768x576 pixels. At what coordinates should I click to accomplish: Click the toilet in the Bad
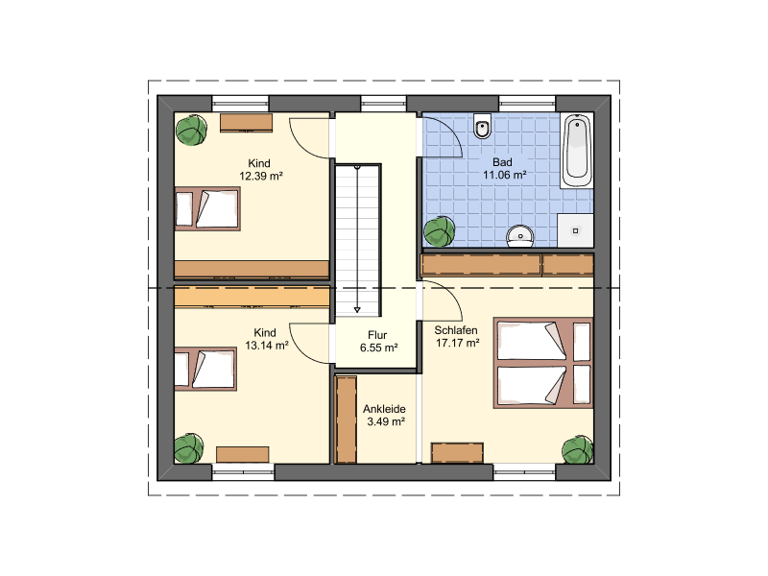[x=483, y=127]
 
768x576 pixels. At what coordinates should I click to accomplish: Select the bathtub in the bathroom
[x=577, y=151]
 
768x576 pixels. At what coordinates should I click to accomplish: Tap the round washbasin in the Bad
[x=519, y=235]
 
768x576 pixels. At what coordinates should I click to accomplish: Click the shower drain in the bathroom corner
[x=575, y=230]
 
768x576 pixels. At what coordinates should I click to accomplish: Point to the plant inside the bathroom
[x=440, y=232]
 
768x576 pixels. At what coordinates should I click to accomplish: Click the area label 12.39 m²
[x=261, y=176]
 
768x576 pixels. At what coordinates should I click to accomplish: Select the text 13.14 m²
[x=267, y=346]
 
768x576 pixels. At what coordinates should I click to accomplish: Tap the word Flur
[x=377, y=335]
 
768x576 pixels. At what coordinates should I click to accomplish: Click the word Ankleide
[x=384, y=409]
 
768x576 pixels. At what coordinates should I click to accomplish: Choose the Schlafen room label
[x=455, y=330]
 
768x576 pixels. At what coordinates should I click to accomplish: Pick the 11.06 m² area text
[x=505, y=175]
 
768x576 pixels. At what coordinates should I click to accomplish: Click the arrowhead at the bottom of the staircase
[x=357, y=310]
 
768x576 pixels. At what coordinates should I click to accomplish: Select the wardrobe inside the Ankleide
[x=346, y=420]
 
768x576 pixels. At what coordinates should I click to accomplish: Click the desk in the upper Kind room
[x=246, y=123]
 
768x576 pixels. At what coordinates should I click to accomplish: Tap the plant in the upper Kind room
[x=191, y=130]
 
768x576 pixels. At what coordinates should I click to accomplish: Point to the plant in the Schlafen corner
[x=578, y=449]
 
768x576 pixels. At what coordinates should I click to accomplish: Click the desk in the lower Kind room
[x=243, y=454]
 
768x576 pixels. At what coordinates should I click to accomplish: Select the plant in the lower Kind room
[x=188, y=448]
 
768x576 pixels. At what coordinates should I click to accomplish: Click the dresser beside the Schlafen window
[x=458, y=452]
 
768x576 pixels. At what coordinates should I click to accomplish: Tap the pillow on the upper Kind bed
[x=184, y=209]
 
